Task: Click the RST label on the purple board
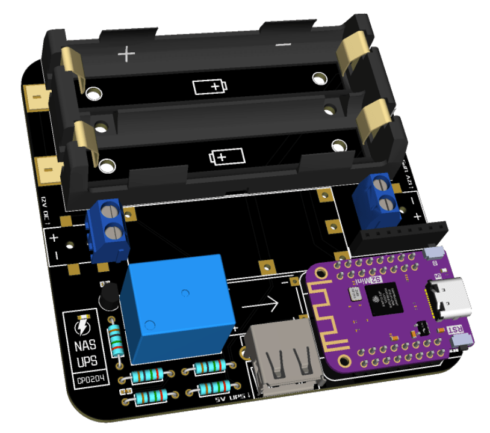click(x=456, y=330)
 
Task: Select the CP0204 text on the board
click(x=85, y=380)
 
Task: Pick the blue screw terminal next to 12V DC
click(x=107, y=232)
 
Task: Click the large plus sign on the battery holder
click(x=126, y=55)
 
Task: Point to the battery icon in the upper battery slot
click(x=211, y=87)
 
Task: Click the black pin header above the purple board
click(x=400, y=236)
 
